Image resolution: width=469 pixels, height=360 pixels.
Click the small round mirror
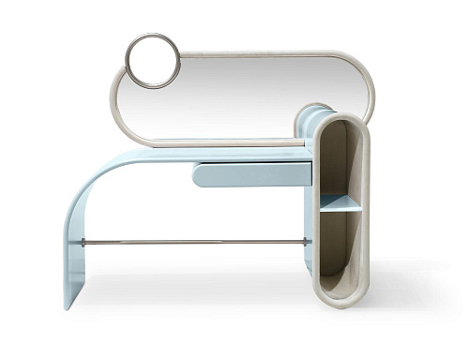coord(152,61)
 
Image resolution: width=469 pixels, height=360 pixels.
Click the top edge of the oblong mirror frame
coord(263,53)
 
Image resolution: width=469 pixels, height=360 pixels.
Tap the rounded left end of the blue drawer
coord(197,174)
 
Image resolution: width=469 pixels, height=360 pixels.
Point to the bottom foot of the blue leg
coord(73,302)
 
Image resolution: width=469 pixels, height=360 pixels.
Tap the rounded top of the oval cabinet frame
coord(340,117)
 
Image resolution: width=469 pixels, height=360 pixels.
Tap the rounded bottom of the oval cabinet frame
coord(340,302)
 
